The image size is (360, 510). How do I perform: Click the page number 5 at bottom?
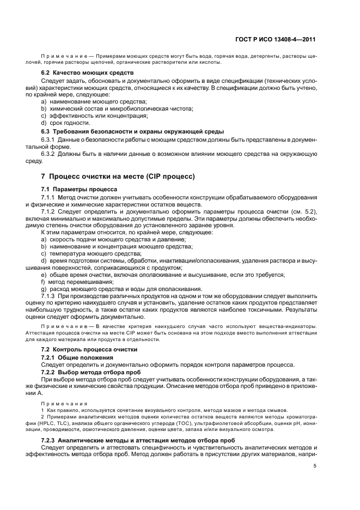click(x=315, y=466)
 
